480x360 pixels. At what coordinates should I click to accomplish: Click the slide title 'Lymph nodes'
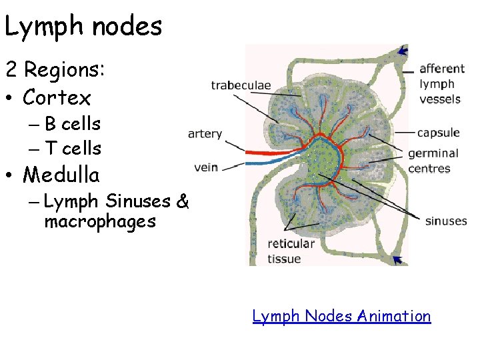[x=83, y=27]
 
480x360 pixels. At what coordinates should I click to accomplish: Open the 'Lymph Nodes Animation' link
[x=341, y=315]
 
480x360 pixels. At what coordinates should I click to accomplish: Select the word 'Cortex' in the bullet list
[x=57, y=98]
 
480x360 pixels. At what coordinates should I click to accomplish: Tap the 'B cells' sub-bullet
[x=72, y=124]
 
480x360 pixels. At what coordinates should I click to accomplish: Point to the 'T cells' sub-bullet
[x=72, y=149]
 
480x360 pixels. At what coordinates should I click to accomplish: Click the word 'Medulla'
[x=61, y=175]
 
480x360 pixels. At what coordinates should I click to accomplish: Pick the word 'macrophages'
[x=100, y=221]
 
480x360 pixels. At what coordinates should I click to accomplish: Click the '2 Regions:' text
[x=52, y=69]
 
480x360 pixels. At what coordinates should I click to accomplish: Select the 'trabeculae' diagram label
[x=241, y=85]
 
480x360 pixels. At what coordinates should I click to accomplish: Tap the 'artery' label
[x=205, y=134]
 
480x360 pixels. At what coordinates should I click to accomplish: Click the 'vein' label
[x=206, y=167]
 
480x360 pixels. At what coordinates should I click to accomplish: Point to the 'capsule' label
[x=437, y=132]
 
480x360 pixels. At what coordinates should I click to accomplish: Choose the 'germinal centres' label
[x=433, y=161]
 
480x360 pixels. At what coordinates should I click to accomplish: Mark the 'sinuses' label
[x=445, y=221]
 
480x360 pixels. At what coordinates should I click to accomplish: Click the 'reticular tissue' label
[x=291, y=251]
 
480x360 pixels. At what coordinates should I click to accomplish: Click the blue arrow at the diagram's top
[x=401, y=51]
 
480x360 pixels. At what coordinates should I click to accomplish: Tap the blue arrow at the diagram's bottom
[x=399, y=259]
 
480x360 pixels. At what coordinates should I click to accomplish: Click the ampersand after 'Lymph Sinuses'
[x=183, y=201]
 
